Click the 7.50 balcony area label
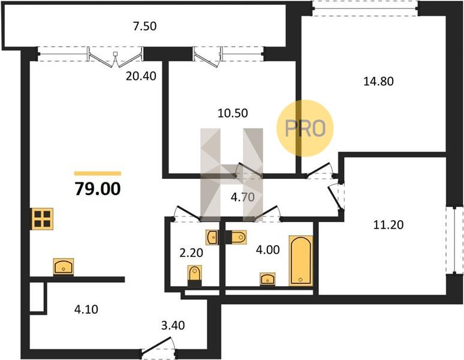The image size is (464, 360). click(144, 26)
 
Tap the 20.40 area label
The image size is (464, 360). click(141, 76)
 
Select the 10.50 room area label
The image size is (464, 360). click(233, 113)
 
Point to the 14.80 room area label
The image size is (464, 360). click(378, 81)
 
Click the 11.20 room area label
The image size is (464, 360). click(388, 225)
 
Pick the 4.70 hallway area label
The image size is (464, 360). click(243, 197)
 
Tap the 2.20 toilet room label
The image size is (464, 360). click(191, 253)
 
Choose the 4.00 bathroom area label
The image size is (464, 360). click(267, 250)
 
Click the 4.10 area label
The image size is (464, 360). click(86, 310)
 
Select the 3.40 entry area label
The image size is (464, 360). click(173, 325)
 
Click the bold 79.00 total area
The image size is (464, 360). click(98, 189)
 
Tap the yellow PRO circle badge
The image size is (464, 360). click(305, 128)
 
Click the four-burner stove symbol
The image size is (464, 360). click(43, 219)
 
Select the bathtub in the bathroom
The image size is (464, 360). click(301, 260)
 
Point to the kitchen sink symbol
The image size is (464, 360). click(64, 267)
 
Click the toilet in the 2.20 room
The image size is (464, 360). click(195, 275)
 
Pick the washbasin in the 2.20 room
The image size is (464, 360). click(212, 238)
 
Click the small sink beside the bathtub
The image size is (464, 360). click(267, 279)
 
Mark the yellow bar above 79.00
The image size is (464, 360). click(98, 173)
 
